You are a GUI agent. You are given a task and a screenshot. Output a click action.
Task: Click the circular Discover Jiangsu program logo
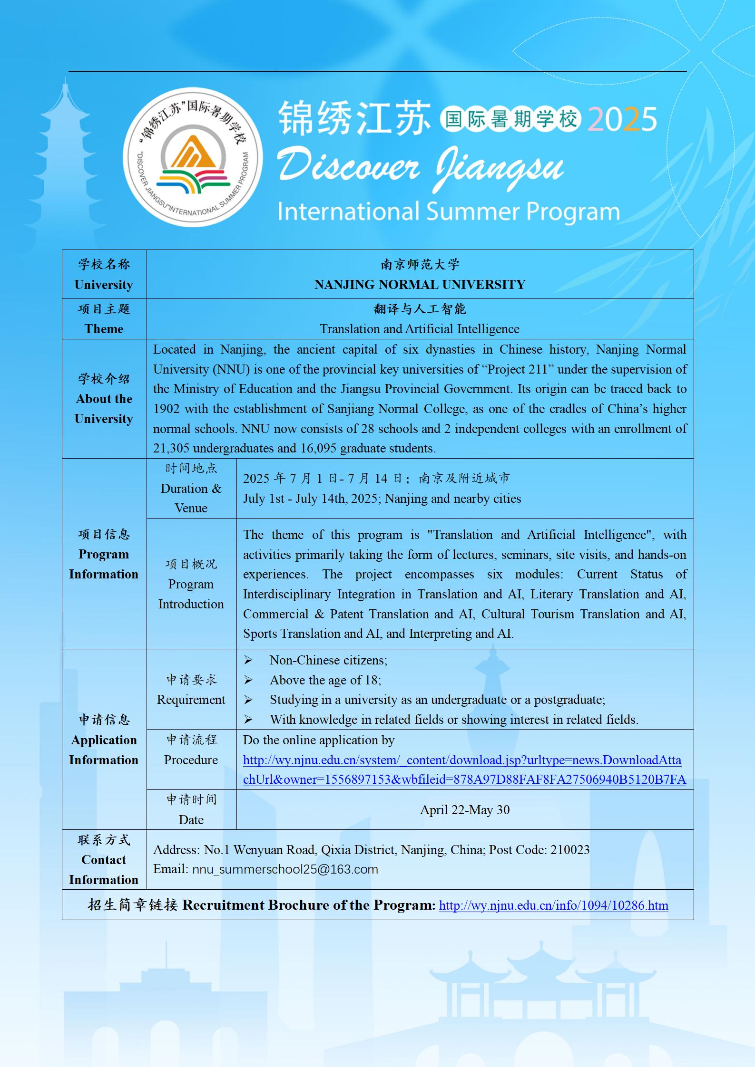(193, 157)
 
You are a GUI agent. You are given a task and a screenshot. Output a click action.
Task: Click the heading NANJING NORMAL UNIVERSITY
(420, 285)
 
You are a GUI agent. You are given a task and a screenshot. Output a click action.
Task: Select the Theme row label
(104, 329)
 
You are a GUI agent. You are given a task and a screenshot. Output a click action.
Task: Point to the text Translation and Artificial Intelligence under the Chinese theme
(419, 329)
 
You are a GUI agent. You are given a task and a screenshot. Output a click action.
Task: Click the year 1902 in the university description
(166, 409)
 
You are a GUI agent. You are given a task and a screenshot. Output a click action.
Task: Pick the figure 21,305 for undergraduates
(171, 448)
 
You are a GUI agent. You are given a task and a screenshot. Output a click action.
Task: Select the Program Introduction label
(191, 594)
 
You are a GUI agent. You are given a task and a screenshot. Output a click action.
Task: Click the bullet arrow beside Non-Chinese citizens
(248, 660)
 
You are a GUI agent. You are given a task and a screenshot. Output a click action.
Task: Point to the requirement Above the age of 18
(325, 680)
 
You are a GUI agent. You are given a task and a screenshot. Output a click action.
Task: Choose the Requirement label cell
(191, 700)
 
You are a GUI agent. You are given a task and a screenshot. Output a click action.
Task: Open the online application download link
(464, 769)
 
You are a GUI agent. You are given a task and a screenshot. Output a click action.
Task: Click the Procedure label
(191, 760)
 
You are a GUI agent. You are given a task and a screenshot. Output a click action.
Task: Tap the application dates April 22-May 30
(465, 810)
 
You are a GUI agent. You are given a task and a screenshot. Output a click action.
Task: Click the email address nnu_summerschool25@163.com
(285, 869)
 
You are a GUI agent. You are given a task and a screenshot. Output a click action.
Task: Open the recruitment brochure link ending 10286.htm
(553, 905)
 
